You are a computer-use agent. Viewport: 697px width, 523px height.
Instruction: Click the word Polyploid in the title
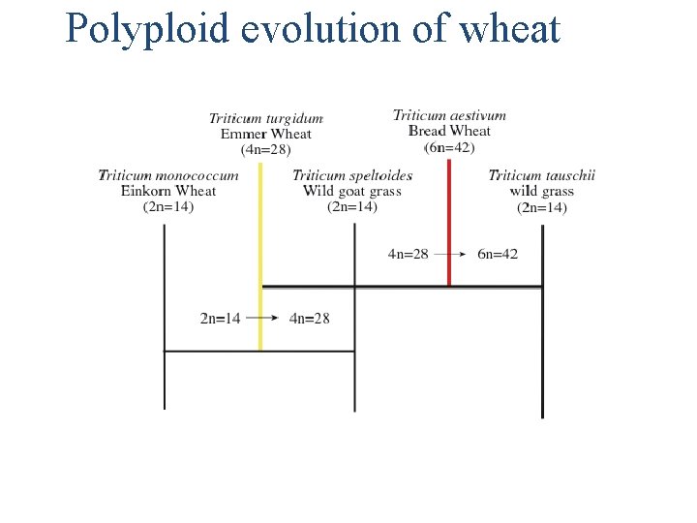click(146, 29)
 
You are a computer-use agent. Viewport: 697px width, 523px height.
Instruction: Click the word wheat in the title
click(510, 29)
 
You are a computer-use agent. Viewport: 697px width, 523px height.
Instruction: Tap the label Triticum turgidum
click(266, 119)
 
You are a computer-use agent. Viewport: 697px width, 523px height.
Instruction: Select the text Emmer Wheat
click(266, 135)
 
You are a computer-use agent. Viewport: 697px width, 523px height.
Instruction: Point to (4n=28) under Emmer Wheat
click(266, 149)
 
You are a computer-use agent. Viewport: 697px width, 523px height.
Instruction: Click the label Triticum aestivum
click(449, 115)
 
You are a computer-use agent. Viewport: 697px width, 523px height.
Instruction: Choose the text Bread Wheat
click(449, 131)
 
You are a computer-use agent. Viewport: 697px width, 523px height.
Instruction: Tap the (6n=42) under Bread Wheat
click(449, 146)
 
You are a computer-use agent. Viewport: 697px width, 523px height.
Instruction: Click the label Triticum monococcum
click(168, 175)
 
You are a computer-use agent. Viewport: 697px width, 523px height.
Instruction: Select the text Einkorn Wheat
click(168, 191)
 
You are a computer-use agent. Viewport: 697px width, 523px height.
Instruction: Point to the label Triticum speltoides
click(352, 175)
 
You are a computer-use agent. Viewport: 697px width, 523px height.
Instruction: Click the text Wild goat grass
click(352, 191)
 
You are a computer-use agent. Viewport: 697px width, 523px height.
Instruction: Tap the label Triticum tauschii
click(542, 175)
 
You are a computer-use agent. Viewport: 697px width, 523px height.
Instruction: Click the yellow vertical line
click(260, 252)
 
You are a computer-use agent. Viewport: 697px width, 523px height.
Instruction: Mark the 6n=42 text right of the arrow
click(498, 254)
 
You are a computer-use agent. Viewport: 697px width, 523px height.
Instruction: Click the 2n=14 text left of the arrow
click(221, 319)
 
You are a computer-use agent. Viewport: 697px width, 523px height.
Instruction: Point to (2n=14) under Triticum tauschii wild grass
click(542, 206)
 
